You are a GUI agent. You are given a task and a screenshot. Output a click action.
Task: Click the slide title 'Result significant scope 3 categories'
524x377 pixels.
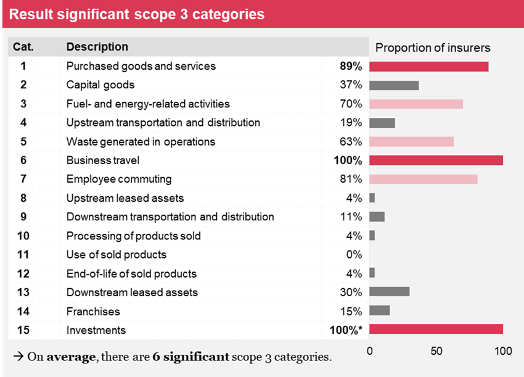pos(137,14)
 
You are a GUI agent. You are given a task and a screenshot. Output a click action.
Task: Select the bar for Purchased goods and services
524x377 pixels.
pos(428,67)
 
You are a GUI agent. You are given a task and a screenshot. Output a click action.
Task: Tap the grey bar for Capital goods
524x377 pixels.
pos(394,85)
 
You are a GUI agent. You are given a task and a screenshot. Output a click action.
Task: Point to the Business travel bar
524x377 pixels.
pos(436,160)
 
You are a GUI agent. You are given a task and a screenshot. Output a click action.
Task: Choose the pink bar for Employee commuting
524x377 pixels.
pos(423,180)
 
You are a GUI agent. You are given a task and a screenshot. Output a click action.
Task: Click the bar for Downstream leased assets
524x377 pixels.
pos(389,292)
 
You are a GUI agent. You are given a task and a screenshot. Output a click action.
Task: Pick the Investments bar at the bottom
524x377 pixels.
pos(436,329)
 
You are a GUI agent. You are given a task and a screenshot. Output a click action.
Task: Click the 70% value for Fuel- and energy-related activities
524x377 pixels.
pos(351,104)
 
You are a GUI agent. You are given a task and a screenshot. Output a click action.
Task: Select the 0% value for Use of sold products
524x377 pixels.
pos(353,254)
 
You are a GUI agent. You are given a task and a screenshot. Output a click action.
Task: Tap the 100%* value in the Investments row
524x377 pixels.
pos(345,330)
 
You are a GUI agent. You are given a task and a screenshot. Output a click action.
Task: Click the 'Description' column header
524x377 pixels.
pos(97,47)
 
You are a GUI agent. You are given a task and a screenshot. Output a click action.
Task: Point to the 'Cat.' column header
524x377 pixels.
pos(23,47)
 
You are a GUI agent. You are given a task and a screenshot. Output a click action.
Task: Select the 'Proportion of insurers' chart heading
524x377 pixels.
pos(433,48)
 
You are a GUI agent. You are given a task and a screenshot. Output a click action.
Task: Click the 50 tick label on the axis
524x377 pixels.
pos(436,351)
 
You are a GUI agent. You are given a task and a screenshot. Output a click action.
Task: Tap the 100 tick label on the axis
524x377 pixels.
pos(503,351)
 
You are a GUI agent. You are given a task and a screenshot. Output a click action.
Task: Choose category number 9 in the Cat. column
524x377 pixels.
pos(23,217)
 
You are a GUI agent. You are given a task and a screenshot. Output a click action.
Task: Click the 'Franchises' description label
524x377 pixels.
pos(93,311)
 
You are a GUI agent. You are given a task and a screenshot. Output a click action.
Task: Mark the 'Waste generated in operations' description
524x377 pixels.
pos(141,142)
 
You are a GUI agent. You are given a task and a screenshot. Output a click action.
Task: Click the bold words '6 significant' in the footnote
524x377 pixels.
pos(191,357)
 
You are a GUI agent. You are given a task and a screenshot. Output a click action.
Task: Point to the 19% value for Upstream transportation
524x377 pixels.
pos(351,123)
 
